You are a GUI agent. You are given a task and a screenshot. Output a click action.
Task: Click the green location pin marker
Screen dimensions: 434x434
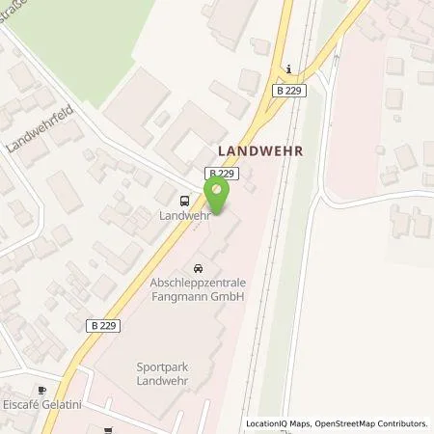[220, 196]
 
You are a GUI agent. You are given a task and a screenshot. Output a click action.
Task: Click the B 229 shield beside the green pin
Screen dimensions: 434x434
[219, 172]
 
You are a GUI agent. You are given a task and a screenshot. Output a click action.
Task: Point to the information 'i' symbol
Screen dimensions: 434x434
[288, 69]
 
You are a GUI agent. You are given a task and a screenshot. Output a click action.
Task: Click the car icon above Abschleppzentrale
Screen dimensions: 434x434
[199, 267]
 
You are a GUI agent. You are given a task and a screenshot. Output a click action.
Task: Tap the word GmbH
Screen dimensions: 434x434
[225, 297]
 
